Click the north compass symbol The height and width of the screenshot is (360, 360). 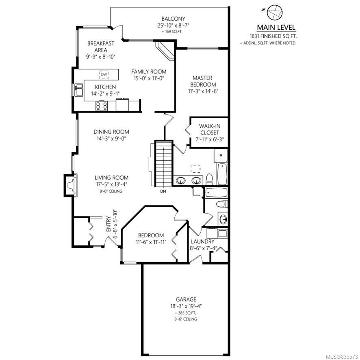pyautogui.click(x=274, y=13)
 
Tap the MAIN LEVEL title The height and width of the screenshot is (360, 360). pyautogui.click(x=276, y=28)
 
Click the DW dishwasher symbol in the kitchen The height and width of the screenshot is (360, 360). pyautogui.click(x=104, y=74)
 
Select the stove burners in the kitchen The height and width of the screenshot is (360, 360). pyautogui.click(x=102, y=106)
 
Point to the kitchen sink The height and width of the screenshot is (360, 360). pyautogui.click(x=78, y=90)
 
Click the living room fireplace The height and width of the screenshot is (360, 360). pyautogui.click(x=71, y=185)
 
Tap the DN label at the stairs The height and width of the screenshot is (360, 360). pyautogui.click(x=163, y=191)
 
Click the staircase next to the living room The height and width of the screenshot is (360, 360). pyautogui.click(x=164, y=163)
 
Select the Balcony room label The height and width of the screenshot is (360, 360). pyautogui.click(x=173, y=19)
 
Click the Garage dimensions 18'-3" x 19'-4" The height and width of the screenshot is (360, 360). pyautogui.click(x=186, y=306)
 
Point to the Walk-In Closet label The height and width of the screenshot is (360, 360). pyautogui.click(x=210, y=129)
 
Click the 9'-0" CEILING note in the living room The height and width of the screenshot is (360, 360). pyautogui.click(x=111, y=191)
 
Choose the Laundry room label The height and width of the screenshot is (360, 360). pyautogui.click(x=202, y=241)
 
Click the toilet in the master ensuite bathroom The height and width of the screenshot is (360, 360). pyautogui.click(x=209, y=179)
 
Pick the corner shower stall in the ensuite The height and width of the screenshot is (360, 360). pyautogui.click(x=221, y=156)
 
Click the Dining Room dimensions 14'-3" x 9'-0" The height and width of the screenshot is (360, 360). pyautogui.click(x=111, y=139)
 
